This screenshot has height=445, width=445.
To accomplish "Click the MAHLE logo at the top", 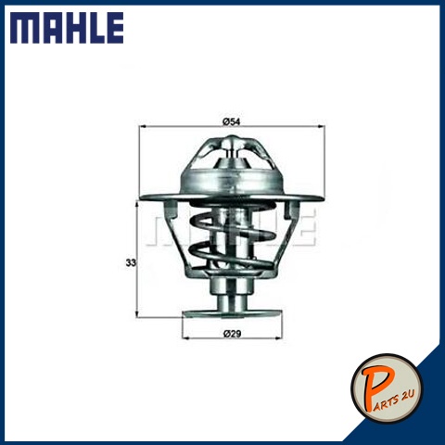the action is [67, 28].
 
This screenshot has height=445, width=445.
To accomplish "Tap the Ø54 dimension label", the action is [231, 121].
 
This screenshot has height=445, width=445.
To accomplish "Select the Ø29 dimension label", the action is [232, 334].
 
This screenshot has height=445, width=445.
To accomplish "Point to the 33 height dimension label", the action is [131, 263].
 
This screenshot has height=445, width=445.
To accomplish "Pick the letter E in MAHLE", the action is [113, 28].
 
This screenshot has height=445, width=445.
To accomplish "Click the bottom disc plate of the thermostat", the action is [232, 314].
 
